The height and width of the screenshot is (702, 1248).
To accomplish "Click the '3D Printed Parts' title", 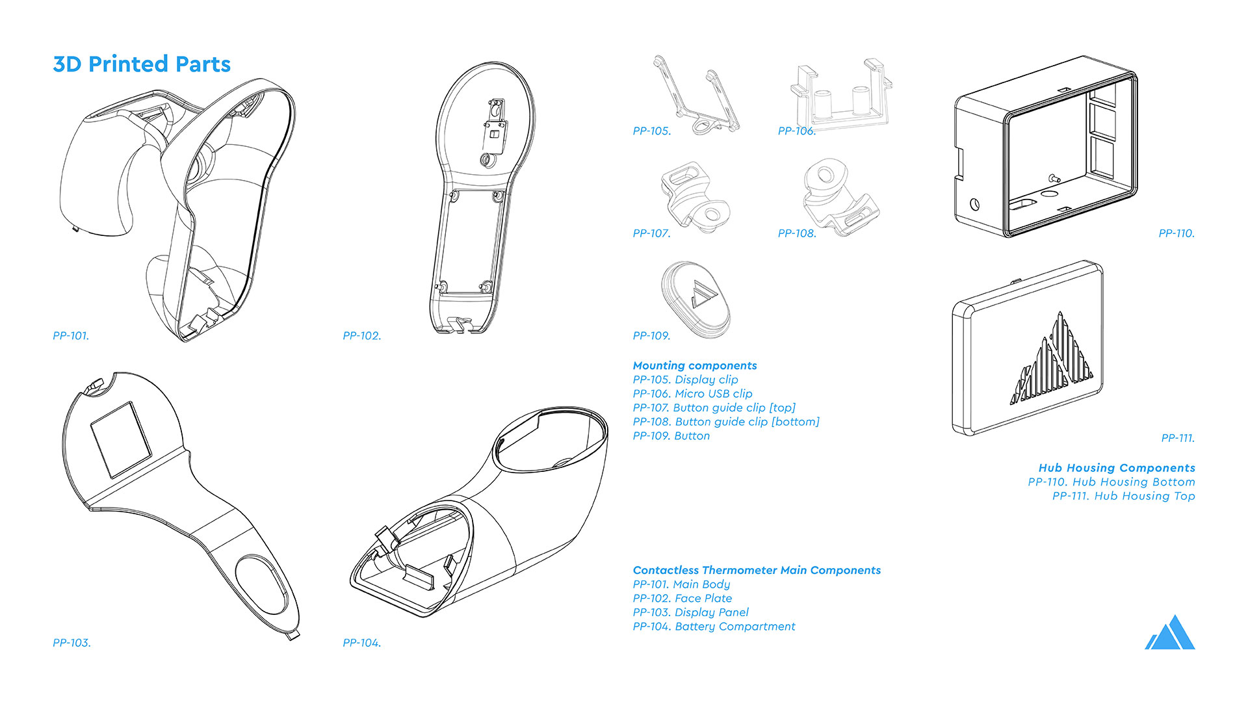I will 142,64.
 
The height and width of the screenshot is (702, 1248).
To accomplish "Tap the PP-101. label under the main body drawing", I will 71,336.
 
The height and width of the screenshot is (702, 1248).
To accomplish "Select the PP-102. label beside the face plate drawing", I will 362,336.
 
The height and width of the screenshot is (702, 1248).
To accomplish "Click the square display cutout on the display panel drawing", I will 120,439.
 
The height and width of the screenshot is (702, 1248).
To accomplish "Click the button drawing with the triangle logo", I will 696,299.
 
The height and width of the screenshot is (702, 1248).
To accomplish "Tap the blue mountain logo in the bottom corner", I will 1170,634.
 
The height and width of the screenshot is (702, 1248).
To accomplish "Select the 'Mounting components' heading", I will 695,366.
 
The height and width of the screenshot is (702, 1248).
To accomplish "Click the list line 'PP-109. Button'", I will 671,436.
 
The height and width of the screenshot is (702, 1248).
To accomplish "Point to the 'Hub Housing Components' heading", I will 1117,468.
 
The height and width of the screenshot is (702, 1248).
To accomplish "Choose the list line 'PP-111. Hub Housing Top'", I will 1123,496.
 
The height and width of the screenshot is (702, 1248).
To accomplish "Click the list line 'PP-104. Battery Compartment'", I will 714,627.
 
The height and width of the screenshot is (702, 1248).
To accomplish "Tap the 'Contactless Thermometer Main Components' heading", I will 757,570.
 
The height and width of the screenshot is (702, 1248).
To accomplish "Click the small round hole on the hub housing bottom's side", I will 974,204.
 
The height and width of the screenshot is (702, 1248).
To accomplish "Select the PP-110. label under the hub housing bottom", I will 1176,233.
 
